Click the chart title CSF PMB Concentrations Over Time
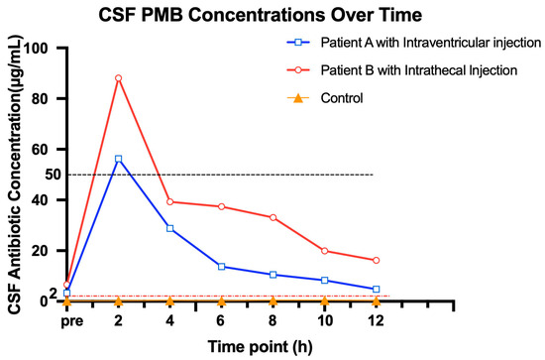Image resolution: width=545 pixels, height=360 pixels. (x=260, y=15)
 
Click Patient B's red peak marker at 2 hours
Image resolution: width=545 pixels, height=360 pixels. (x=119, y=78)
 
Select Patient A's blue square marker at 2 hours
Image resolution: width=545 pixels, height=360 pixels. (x=119, y=159)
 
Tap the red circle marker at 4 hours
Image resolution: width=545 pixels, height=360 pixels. (x=170, y=201)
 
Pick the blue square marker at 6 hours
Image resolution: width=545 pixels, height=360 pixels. (x=221, y=267)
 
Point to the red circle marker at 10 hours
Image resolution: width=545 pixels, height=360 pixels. (x=325, y=251)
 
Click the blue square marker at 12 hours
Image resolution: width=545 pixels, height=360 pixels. (x=376, y=290)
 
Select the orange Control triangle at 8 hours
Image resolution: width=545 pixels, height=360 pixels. (x=272, y=300)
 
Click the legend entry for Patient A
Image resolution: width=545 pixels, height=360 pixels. (x=413, y=43)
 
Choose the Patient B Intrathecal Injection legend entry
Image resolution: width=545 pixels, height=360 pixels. (x=401, y=70)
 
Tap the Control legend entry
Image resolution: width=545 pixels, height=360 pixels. (x=325, y=98)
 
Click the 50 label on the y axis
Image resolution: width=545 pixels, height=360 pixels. (x=53, y=175)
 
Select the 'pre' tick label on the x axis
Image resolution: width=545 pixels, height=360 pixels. (x=72, y=321)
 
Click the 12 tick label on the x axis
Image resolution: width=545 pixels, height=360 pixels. (x=376, y=320)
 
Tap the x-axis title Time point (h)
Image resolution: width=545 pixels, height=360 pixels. (x=260, y=347)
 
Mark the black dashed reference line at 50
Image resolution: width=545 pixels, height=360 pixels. (x=220, y=175)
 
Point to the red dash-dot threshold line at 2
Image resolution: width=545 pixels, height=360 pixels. (x=228, y=296)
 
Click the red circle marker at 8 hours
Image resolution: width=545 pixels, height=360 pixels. (x=272, y=218)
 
